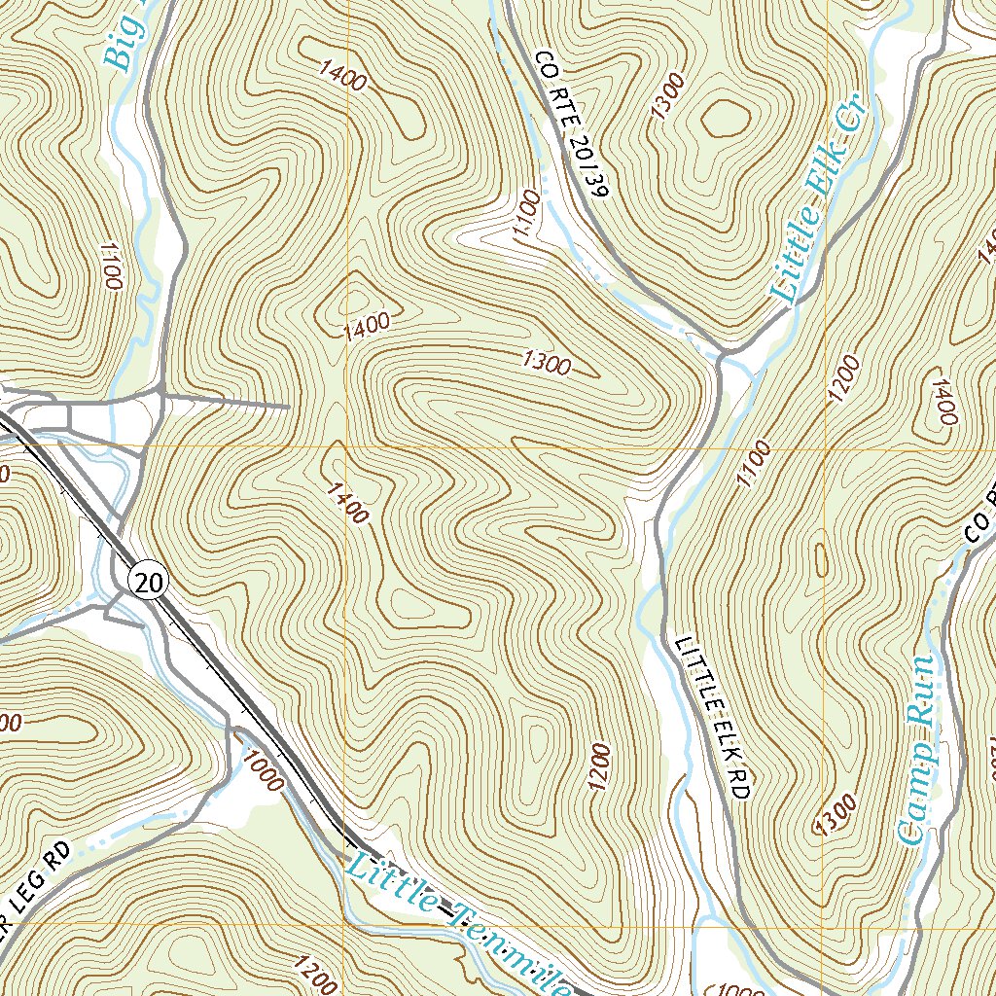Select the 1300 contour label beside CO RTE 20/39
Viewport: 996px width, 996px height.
point(669,95)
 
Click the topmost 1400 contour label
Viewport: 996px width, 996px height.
point(342,75)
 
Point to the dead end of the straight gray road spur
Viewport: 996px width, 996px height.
point(290,406)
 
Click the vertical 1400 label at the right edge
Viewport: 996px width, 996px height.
point(940,402)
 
